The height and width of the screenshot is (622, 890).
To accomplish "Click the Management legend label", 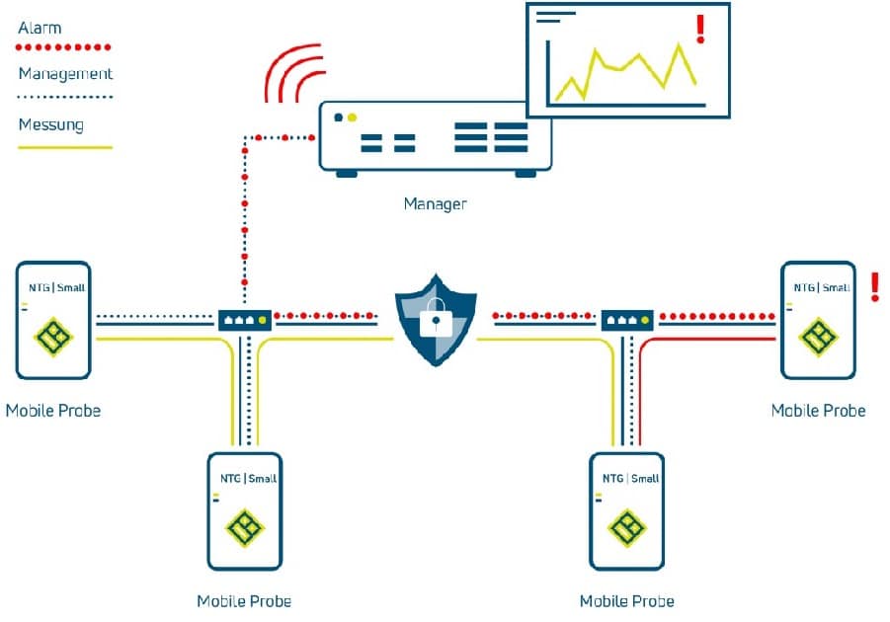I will coord(65,74).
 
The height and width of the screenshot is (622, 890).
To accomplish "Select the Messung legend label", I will coord(50,125).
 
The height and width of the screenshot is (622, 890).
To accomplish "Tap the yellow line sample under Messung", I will coord(65,148).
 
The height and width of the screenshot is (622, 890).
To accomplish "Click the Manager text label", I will coord(434,204).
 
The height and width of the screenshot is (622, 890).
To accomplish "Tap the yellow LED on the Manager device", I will coord(353,117).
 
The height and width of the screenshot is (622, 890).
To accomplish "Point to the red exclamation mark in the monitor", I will coord(700,29).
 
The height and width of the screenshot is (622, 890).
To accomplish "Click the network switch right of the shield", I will coord(627,320).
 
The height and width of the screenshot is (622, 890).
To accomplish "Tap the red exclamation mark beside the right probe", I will coord(874,287).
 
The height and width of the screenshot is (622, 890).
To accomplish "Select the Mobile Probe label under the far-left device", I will coord(52,410).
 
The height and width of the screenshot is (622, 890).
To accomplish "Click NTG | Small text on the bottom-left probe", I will coord(248,479).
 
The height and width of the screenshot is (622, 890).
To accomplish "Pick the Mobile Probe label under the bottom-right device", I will coord(626,600).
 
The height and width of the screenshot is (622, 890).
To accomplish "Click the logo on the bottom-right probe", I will coord(626,528).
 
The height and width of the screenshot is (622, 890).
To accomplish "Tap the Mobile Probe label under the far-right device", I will coord(818,410).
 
